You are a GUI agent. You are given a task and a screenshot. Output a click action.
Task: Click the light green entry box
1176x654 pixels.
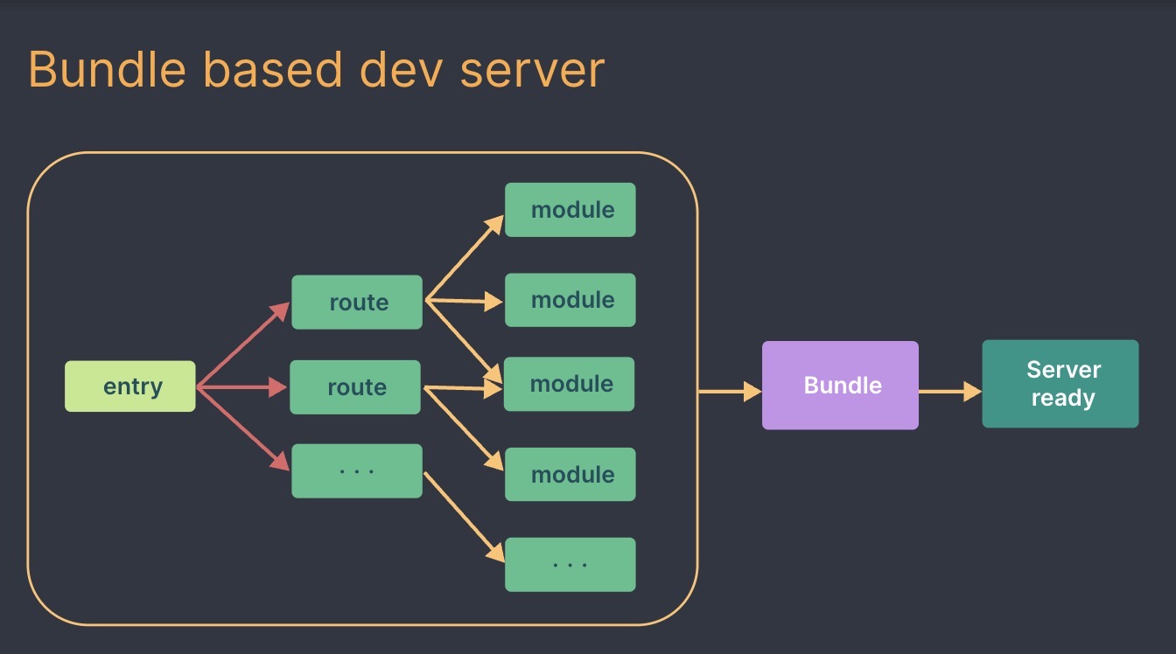pyautogui.click(x=130, y=386)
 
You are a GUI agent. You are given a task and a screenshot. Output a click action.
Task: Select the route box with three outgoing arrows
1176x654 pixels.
pyautogui.click(x=357, y=303)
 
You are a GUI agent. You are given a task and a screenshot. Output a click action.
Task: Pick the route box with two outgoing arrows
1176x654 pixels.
pyautogui.click(x=355, y=387)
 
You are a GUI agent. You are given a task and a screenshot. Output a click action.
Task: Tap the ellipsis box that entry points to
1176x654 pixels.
pyautogui.click(x=357, y=471)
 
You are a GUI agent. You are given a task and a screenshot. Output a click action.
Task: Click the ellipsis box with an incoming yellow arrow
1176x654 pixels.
pyautogui.click(x=570, y=564)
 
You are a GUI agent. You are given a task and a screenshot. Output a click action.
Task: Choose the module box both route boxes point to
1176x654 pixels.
pyautogui.click(x=569, y=384)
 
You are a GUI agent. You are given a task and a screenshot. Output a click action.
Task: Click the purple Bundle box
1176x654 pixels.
pyautogui.click(x=841, y=385)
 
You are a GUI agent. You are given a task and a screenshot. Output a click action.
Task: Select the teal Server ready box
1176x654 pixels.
pyautogui.click(x=1060, y=384)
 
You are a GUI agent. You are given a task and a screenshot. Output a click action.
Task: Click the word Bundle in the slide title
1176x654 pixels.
pyautogui.click(x=107, y=69)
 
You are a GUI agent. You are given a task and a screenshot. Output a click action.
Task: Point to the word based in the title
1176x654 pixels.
pyautogui.click(x=273, y=69)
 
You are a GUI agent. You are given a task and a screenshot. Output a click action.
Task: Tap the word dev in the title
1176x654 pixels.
pyautogui.click(x=401, y=69)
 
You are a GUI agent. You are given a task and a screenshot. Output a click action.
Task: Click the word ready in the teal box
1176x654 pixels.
pyautogui.click(x=1063, y=398)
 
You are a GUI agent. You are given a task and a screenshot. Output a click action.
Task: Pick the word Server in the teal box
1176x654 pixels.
pyautogui.click(x=1064, y=370)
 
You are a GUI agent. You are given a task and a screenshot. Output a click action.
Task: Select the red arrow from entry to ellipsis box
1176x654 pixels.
pyautogui.click(x=243, y=429)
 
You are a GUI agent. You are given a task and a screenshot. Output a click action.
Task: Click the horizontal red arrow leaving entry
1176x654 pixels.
pyautogui.click(x=241, y=387)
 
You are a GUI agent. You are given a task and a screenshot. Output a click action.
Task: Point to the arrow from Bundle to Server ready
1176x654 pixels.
pyautogui.click(x=950, y=391)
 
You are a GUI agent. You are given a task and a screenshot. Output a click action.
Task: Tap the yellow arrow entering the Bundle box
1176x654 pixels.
pyautogui.click(x=731, y=391)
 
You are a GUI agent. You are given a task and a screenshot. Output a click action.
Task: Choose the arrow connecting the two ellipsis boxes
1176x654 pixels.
pyautogui.click(x=464, y=517)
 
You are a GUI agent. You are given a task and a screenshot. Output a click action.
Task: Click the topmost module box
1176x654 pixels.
pyautogui.click(x=570, y=210)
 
